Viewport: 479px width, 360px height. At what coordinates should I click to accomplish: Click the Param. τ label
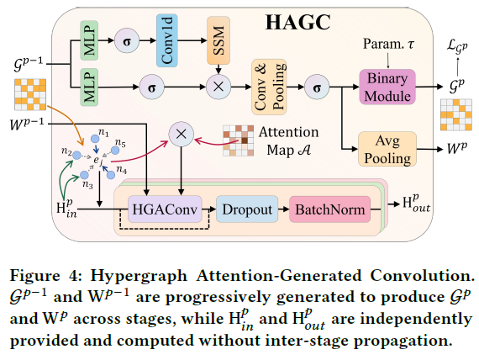click(x=383, y=43)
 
